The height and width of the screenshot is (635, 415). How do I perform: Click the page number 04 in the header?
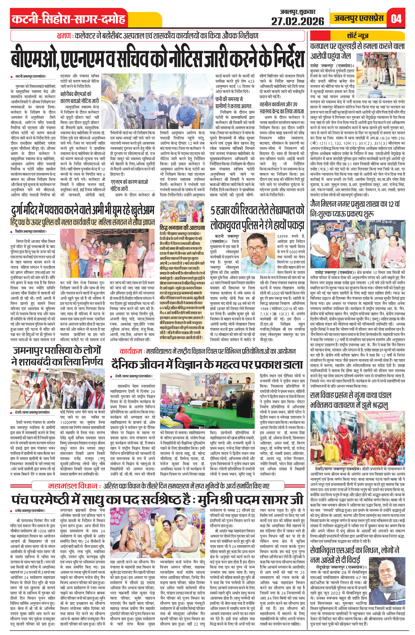pyautogui.click(x=396, y=18)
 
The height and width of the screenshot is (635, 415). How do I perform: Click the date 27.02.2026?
pyautogui.click(x=298, y=21)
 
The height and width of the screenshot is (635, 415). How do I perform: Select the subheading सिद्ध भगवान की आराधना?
pyautogui.click(x=182, y=228)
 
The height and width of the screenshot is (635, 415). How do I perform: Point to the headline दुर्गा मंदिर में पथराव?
pyautogui.click(x=83, y=210)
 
